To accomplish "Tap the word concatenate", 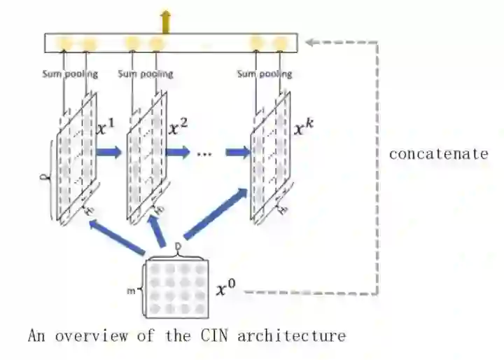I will pyautogui.click(x=438, y=154).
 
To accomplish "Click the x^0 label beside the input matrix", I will pyautogui.click(x=225, y=288).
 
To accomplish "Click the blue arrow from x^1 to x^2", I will pyautogui.click(x=108, y=152).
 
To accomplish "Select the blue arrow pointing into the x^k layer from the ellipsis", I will pyautogui.click(x=238, y=152).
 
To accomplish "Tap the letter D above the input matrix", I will pyautogui.click(x=178, y=247).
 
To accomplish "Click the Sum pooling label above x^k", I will pyautogui.click(x=265, y=74).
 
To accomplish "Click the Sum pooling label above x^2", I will pyautogui.click(x=146, y=74).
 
